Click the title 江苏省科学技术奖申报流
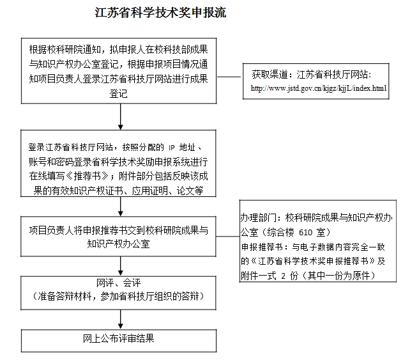tap(160, 13)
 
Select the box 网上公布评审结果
tap(119, 338)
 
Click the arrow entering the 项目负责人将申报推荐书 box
tap(120, 207)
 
